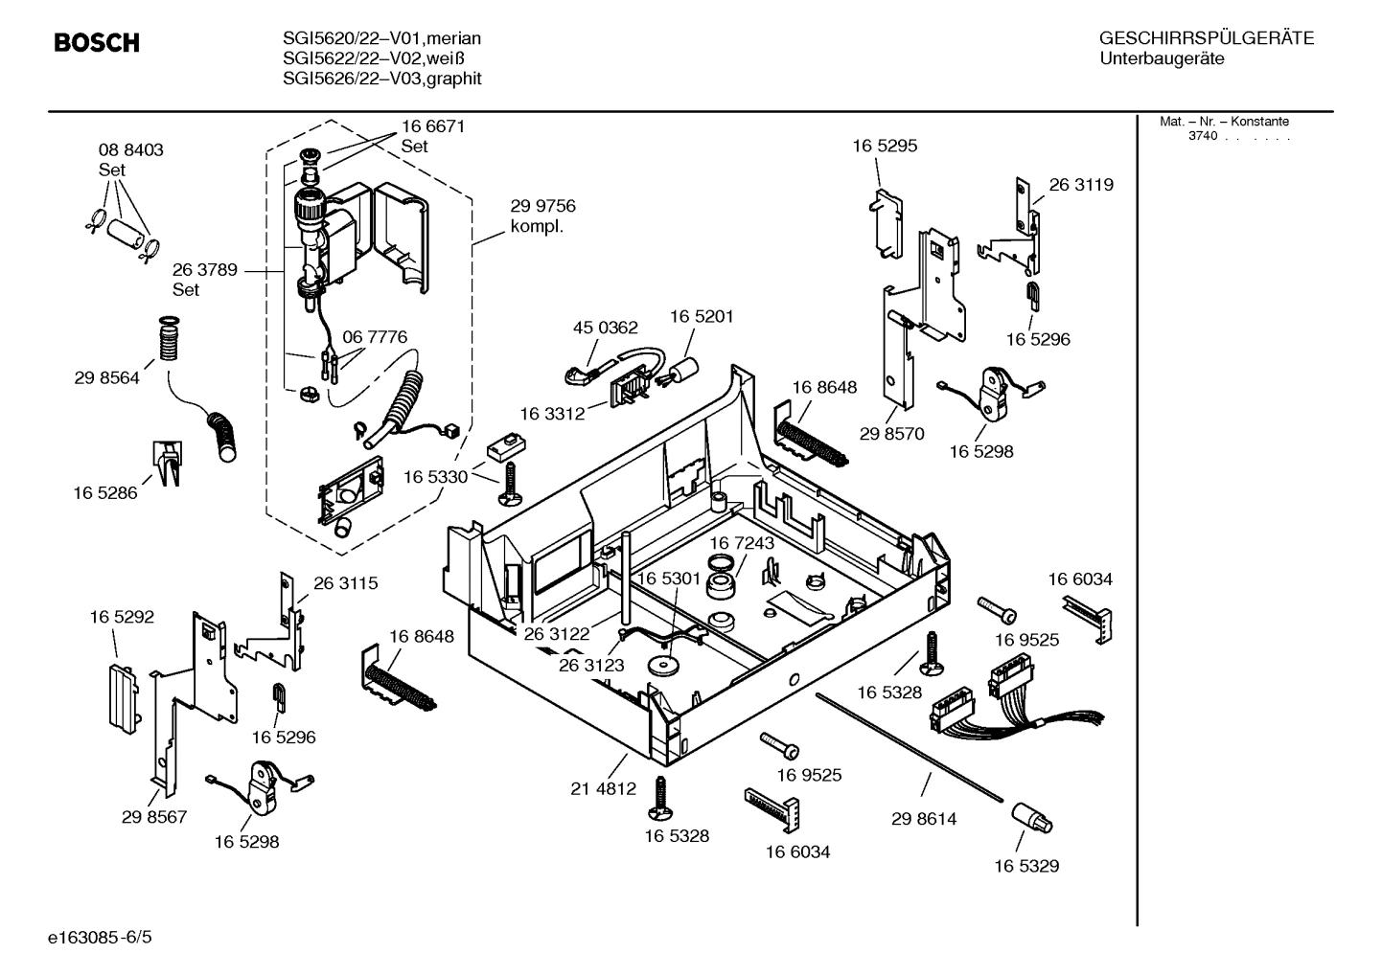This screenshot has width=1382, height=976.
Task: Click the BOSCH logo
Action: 97,43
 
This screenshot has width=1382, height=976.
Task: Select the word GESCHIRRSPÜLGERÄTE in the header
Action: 1206,38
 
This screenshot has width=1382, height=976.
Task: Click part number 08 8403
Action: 131,150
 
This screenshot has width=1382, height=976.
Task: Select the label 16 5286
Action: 105,493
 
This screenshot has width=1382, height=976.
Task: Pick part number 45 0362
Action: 605,328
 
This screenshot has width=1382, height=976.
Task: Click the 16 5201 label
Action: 702,317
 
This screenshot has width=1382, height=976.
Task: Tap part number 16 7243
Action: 742,543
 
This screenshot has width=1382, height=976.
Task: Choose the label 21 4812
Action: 603,789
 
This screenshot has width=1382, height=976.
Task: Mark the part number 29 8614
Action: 924,819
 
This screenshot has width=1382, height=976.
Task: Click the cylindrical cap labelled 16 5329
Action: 1031,819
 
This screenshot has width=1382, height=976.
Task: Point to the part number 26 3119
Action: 1081,185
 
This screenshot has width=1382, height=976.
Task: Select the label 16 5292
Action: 122,618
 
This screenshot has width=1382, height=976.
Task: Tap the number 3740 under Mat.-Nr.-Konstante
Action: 1202,136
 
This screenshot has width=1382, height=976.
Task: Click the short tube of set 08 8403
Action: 125,234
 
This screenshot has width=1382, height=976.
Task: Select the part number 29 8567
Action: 154,817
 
